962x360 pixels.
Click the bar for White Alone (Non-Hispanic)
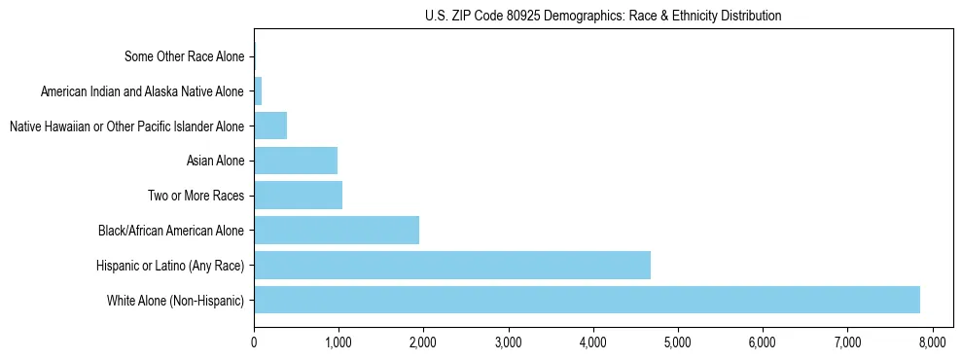click(x=587, y=300)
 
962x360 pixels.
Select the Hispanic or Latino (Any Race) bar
click(x=452, y=265)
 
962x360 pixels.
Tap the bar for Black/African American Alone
click(x=337, y=231)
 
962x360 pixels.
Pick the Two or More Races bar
click(x=298, y=196)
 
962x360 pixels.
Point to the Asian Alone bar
click(x=296, y=161)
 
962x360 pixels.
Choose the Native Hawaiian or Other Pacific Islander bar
click(x=270, y=126)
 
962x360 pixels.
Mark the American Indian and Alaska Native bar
click(x=258, y=91)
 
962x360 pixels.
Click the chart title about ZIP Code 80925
click(x=603, y=16)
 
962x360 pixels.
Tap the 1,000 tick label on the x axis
click(x=338, y=342)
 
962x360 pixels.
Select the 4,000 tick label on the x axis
click(x=592, y=342)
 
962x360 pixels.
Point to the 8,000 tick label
click(x=932, y=342)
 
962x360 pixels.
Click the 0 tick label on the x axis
click(x=254, y=342)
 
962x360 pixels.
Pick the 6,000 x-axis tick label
click(x=763, y=342)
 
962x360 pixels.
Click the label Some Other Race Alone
click(x=185, y=56)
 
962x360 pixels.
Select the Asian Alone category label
click(x=215, y=161)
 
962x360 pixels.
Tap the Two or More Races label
click(x=196, y=196)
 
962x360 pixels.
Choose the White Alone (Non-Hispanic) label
click(x=176, y=300)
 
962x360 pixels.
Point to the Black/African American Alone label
click(x=171, y=231)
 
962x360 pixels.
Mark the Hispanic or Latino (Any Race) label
click(x=170, y=265)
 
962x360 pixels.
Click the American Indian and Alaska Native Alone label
click(x=143, y=91)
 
